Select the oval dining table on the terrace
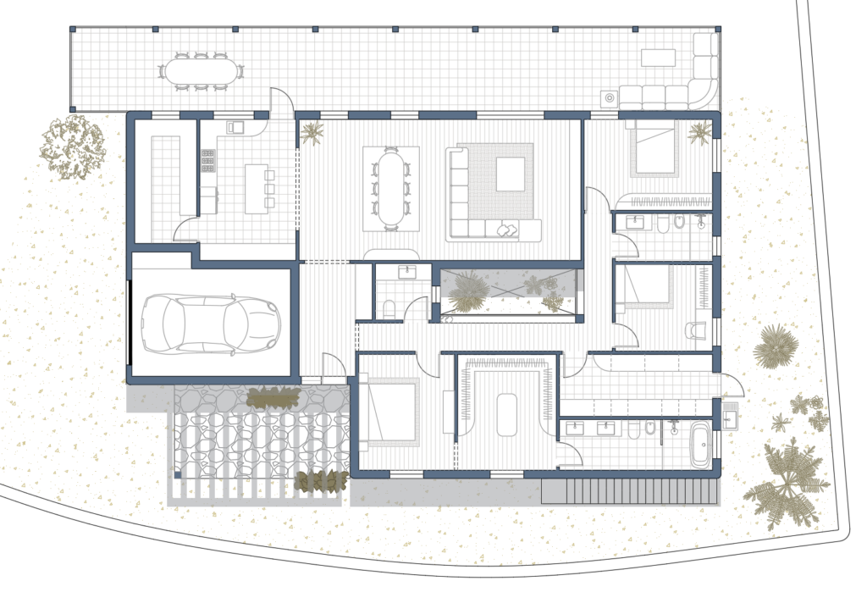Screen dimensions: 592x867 [201, 71]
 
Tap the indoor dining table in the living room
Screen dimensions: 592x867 [390, 185]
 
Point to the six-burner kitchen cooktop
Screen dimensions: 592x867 [207, 161]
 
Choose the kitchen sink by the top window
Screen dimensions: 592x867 [235, 127]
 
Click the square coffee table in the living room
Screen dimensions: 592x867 [510, 174]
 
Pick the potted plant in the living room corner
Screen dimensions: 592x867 [312, 132]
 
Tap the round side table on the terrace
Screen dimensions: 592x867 [609, 98]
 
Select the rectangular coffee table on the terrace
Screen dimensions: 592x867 [658, 58]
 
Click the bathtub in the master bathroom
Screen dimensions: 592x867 [700, 446]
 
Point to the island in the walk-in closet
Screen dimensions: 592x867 [507, 413]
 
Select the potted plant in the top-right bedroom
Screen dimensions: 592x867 [699, 132]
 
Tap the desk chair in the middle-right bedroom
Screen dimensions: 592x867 [695, 329]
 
